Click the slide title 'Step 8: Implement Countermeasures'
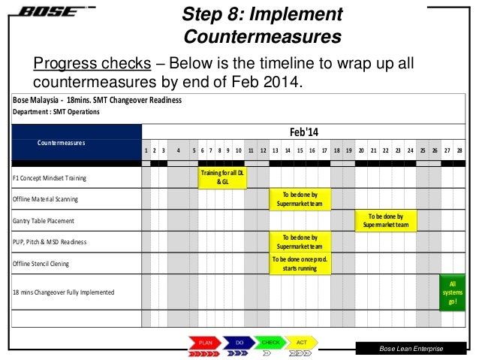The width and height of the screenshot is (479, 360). click(x=262, y=25)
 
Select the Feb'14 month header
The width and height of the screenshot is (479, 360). click(x=304, y=132)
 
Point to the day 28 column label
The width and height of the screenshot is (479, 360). click(x=459, y=150)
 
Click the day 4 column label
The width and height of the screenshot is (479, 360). click(x=178, y=150)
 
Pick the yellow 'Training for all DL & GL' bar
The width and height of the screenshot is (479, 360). click(x=222, y=177)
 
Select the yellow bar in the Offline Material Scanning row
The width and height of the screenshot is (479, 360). click(x=300, y=198)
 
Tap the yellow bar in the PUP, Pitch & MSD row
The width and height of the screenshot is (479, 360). click(x=300, y=241)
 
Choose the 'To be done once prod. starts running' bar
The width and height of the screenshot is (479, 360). click(x=300, y=263)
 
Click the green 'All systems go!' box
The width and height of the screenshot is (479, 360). click(x=452, y=292)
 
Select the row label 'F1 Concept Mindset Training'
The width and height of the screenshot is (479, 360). click(x=50, y=178)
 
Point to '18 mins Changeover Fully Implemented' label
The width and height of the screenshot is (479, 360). click(x=64, y=292)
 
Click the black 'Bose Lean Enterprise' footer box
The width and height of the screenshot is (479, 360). click(x=411, y=349)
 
